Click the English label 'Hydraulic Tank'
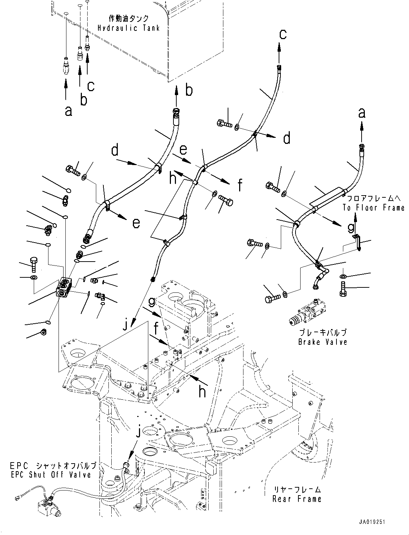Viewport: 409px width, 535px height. pyautogui.click(x=128, y=28)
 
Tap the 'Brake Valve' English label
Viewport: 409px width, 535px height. pyautogui.click(x=322, y=342)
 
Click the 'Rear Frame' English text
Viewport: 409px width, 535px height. pyautogui.click(x=297, y=499)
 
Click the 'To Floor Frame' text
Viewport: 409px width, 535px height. pyautogui.click(x=373, y=208)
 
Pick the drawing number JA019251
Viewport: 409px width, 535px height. pyautogui.click(x=371, y=522)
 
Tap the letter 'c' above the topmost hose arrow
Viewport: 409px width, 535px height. pyautogui.click(x=283, y=34)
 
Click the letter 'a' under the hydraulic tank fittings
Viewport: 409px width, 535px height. pyautogui.click(x=68, y=111)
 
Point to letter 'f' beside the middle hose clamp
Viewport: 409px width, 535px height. pyautogui.click(x=240, y=186)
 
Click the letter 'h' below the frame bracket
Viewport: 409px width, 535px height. pyautogui.click(x=202, y=392)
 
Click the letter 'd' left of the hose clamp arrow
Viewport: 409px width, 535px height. pyautogui.click(x=115, y=151)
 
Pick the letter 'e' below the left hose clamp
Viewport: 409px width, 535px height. pyautogui.click(x=136, y=223)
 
